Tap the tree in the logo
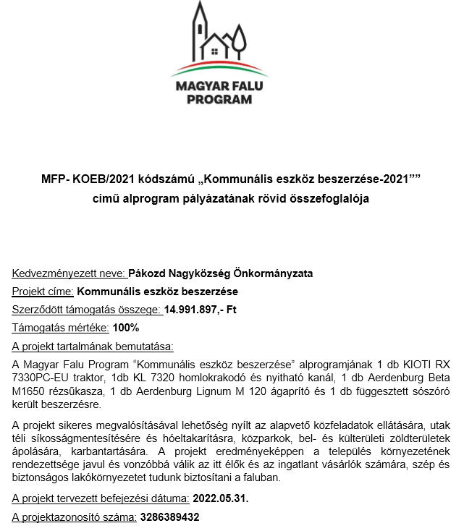[239, 40]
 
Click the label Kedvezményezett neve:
[69, 273]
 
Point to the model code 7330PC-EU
[40, 377]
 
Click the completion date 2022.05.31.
[220, 498]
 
